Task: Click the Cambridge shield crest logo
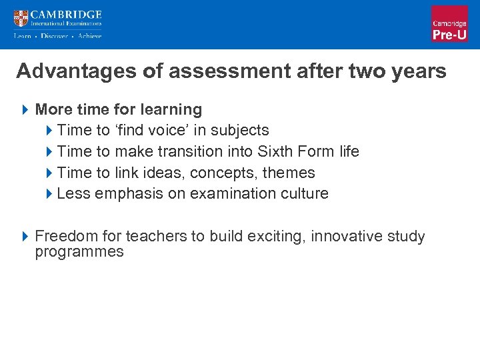[x=21, y=19]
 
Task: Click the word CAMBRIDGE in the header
[x=66, y=14]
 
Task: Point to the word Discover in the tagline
[x=54, y=36]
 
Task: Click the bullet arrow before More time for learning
[x=25, y=109]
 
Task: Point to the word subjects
[x=241, y=130]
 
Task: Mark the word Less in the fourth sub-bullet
[x=73, y=194]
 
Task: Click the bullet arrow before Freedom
[x=25, y=237]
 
